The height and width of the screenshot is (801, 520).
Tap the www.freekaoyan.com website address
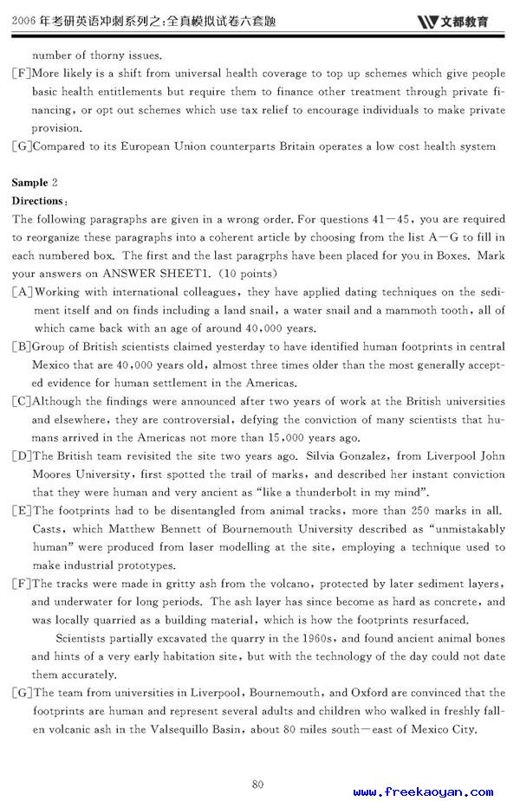pos(423,791)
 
